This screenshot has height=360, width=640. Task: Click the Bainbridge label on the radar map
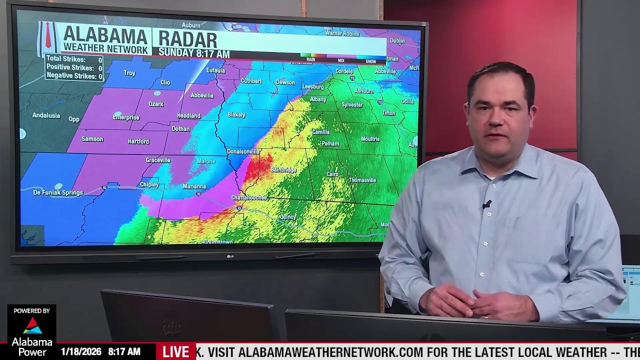click(283, 170)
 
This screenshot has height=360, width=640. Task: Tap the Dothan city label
click(180, 128)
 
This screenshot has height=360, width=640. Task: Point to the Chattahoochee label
click(249, 198)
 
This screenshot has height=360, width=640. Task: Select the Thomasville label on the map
click(362, 180)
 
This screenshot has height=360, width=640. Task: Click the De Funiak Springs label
click(58, 192)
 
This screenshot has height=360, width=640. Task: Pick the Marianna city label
click(194, 186)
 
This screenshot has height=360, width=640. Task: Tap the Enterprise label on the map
click(126, 117)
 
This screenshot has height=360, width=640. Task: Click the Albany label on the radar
click(318, 99)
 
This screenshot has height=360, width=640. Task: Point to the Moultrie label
click(370, 139)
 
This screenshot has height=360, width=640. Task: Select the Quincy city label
click(288, 217)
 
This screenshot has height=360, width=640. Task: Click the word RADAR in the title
click(187, 39)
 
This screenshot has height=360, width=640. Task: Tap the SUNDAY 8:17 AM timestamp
click(194, 54)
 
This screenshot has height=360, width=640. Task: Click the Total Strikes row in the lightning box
click(74, 59)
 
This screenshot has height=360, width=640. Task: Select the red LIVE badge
click(175, 351)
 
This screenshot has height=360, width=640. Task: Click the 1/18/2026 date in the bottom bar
click(80, 352)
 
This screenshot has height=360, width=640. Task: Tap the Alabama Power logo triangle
click(32, 325)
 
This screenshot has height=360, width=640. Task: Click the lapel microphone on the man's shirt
click(486, 204)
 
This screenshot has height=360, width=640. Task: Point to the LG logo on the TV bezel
click(230, 256)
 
